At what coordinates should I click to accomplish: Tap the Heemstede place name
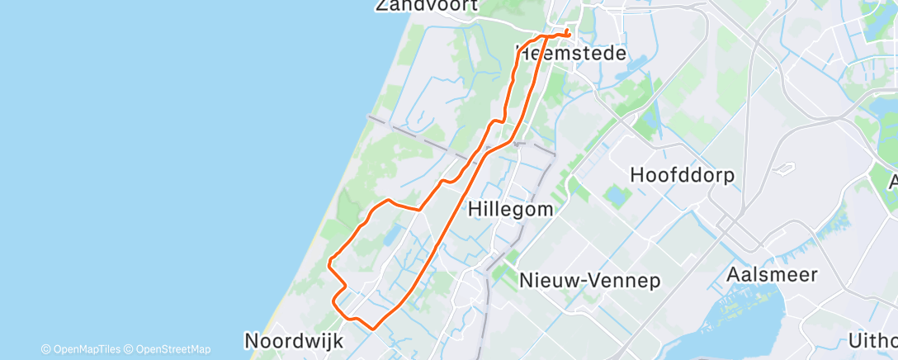[570, 54]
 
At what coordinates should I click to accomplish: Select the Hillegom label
[510, 209]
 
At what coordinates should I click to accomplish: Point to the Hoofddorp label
[682, 175]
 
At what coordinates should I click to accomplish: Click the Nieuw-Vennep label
[589, 281]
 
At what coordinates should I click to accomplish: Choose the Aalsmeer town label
[773, 274]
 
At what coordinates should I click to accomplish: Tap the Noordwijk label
[292, 340]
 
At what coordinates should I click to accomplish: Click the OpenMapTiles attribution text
[86, 349]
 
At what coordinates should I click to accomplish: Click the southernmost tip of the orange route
[374, 328]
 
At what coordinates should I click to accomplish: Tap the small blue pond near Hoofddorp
[616, 197]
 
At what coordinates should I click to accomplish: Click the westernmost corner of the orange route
[329, 264]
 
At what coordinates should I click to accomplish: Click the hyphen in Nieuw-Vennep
[582, 282]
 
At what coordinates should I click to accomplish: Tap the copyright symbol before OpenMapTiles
[46, 349]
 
